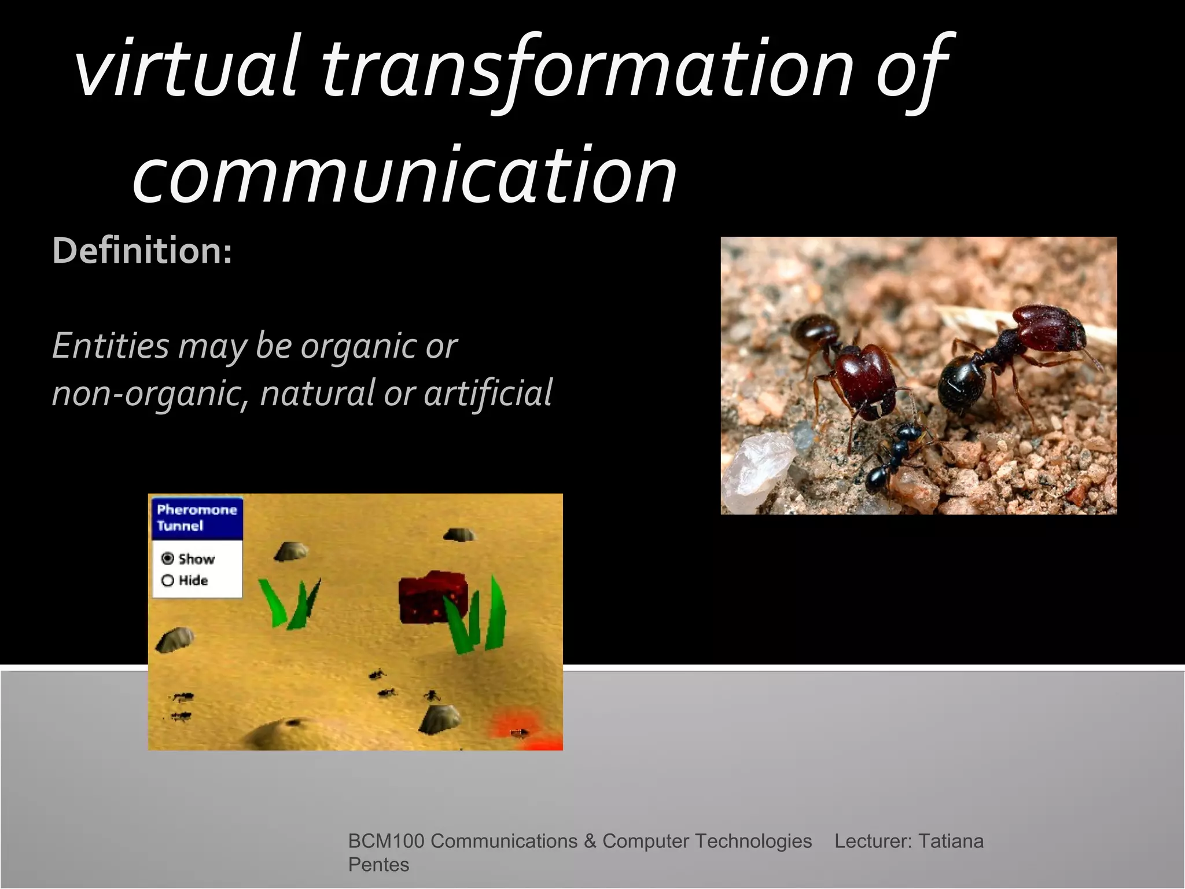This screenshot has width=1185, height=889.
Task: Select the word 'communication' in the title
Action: (405, 174)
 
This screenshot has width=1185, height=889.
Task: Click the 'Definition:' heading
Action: (142, 251)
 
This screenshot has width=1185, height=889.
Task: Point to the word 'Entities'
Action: (110, 346)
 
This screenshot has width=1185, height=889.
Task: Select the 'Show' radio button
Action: (168, 559)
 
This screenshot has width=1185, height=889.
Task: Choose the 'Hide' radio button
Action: (168, 581)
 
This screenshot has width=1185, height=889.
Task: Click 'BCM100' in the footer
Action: (386, 841)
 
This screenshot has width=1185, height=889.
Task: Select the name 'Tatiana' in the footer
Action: (951, 841)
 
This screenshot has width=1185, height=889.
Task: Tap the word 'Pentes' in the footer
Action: (378, 865)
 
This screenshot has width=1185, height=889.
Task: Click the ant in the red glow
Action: (518, 733)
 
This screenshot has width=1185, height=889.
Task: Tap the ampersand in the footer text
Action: (590, 841)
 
